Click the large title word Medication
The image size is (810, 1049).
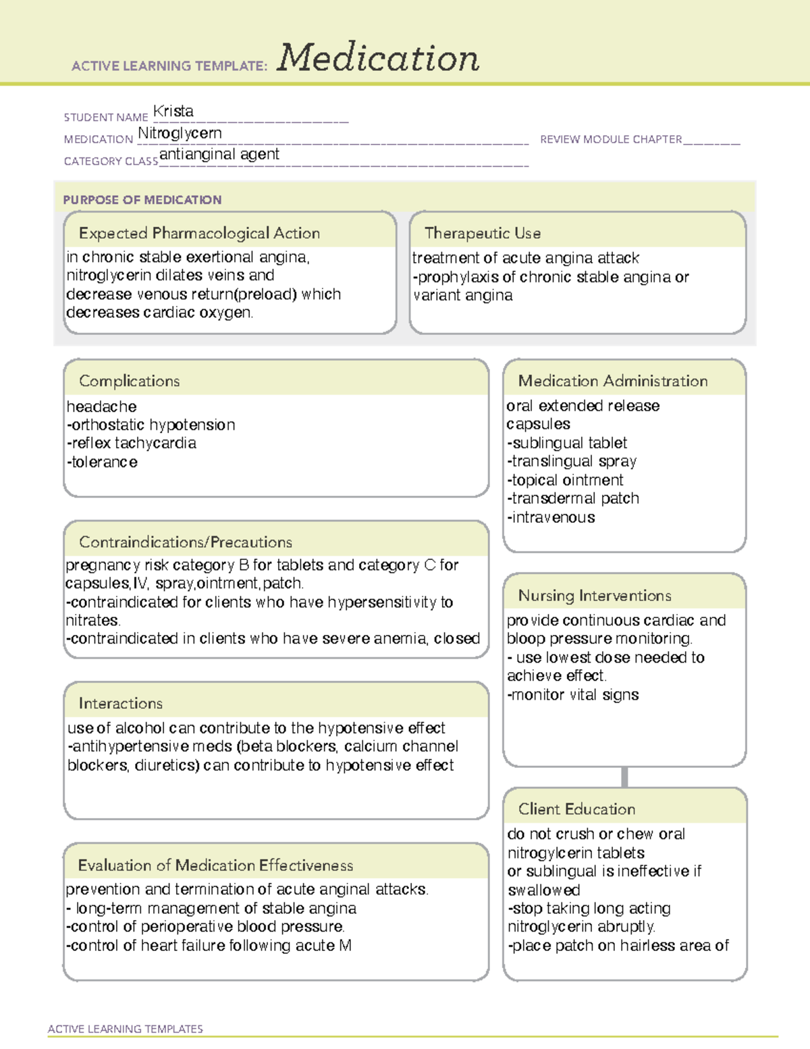(x=378, y=58)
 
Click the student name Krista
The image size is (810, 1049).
(x=173, y=111)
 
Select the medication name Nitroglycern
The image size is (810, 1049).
(x=180, y=134)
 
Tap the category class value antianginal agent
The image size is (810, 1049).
(x=219, y=155)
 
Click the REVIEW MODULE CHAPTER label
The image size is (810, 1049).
(x=611, y=140)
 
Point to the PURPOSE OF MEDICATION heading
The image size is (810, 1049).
(x=142, y=200)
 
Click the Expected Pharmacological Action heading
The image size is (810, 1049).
(x=199, y=234)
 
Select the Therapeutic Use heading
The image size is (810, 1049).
(x=483, y=234)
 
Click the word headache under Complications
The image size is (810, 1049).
(x=102, y=407)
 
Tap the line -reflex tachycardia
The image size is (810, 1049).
(x=132, y=444)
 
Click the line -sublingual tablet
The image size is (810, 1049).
(x=567, y=443)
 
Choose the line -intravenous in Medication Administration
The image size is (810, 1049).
(x=551, y=518)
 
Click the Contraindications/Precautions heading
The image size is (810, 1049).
(x=186, y=542)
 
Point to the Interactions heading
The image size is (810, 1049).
(x=121, y=704)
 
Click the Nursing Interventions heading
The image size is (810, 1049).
(x=595, y=596)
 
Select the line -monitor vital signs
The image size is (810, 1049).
(x=573, y=695)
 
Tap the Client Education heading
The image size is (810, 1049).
(x=576, y=809)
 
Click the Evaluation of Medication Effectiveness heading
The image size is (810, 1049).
(x=215, y=866)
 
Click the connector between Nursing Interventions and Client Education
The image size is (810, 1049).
(x=624, y=777)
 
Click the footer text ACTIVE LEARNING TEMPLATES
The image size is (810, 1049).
(x=126, y=1029)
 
